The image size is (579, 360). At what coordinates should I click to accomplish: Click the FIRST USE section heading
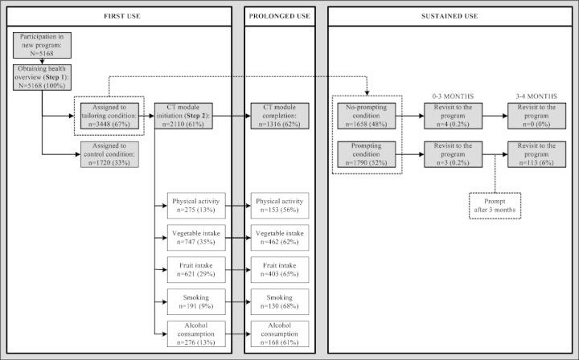122,16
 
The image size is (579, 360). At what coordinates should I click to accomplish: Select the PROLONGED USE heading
279,16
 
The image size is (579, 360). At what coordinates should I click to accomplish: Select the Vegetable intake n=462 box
279,238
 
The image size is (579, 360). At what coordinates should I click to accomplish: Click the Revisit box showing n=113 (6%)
532,152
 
